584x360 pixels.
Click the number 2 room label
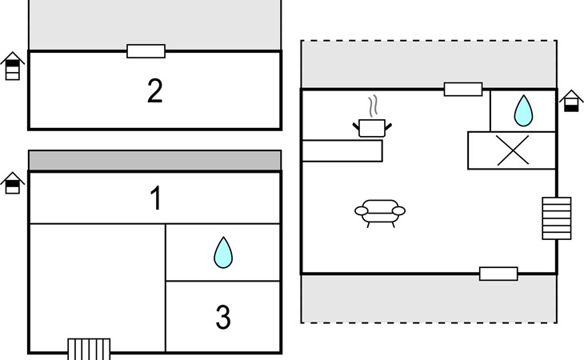click(x=155, y=91)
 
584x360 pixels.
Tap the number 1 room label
click(x=157, y=198)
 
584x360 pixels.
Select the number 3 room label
click(x=223, y=318)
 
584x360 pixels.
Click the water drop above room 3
click(x=223, y=253)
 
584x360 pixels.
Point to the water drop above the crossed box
click(x=523, y=110)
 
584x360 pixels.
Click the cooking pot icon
click(x=371, y=126)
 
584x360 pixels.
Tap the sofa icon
click(x=380, y=212)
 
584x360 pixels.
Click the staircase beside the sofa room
click(x=557, y=218)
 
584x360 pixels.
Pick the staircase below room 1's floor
click(x=89, y=348)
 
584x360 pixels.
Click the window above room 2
click(x=146, y=51)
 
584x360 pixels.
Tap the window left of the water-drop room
click(x=463, y=89)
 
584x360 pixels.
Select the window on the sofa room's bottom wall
click(x=498, y=274)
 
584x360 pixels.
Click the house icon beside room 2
click(x=12, y=66)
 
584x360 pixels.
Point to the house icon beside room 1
click(x=12, y=183)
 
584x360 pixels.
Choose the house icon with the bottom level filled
click(x=570, y=102)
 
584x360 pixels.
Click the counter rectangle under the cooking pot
click(x=342, y=150)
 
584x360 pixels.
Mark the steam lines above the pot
click(x=372, y=106)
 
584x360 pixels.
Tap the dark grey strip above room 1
click(x=155, y=160)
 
